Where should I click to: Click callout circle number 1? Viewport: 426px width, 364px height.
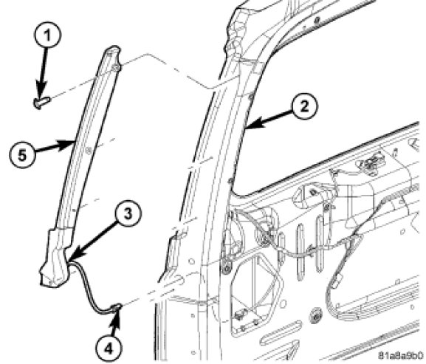[48, 35]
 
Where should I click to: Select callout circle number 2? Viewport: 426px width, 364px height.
[304, 106]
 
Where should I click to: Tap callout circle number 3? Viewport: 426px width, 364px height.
[128, 214]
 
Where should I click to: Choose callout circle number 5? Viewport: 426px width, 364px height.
[23, 155]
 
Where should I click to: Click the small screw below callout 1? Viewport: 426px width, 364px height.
[42, 103]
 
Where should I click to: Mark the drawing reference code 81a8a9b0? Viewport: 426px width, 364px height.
[401, 355]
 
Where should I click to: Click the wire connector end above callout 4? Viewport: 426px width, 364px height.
[116, 307]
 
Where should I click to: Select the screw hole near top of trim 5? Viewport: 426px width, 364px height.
[114, 67]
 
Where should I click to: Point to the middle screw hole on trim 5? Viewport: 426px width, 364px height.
[87, 150]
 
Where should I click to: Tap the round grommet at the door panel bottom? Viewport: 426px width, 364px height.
[315, 316]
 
